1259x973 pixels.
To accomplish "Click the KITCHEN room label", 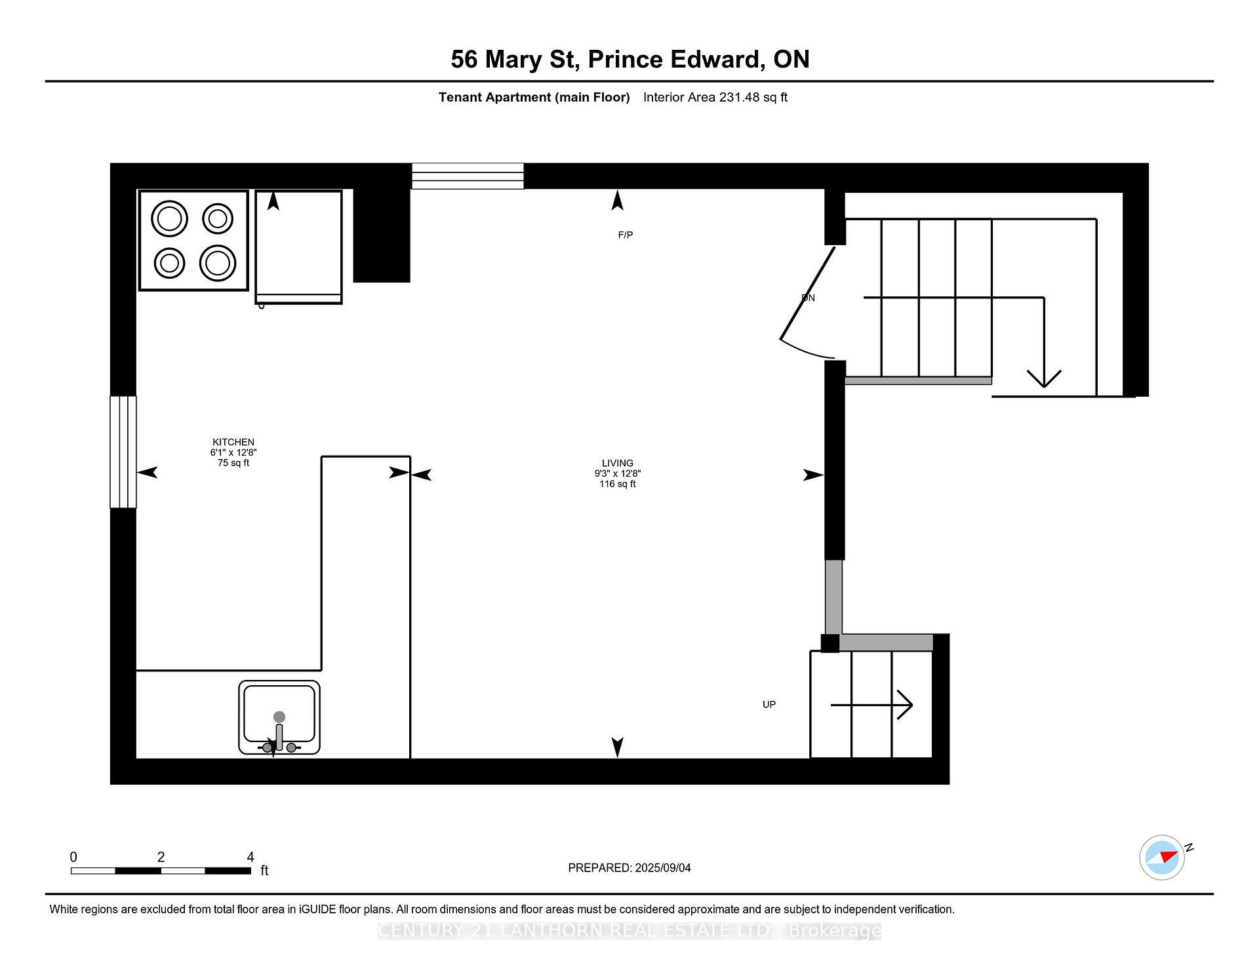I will pyautogui.click(x=233, y=442).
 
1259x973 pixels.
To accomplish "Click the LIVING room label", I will pyautogui.click(x=617, y=463).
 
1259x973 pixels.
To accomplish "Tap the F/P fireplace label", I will pyautogui.click(x=625, y=235).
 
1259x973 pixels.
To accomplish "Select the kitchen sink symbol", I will pyautogui.click(x=279, y=717).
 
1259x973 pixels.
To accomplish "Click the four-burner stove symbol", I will pyautogui.click(x=193, y=241).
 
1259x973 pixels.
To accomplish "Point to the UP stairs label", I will pyautogui.click(x=769, y=705).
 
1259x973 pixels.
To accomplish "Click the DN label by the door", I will pyautogui.click(x=808, y=298).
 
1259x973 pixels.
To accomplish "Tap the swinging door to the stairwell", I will pyautogui.click(x=807, y=302).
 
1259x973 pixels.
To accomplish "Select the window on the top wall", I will pyautogui.click(x=468, y=176).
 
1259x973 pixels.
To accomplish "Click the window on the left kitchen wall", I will pyautogui.click(x=123, y=452).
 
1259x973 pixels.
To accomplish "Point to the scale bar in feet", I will pyautogui.click(x=161, y=871).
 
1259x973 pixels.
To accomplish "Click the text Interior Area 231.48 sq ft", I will pyautogui.click(x=715, y=97).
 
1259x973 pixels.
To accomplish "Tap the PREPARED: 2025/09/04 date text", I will pyautogui.click(x=629, y=868).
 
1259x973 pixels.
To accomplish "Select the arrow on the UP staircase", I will pyautogui.click(x=872, y=705).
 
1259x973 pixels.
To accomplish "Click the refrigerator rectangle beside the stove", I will pyautogui.click(x=298, y=246).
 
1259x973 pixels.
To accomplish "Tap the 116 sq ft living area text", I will pyautogui.click(x=617, y=485).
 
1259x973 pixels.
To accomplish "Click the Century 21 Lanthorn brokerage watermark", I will pyautogui.click(x=629, y=931).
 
